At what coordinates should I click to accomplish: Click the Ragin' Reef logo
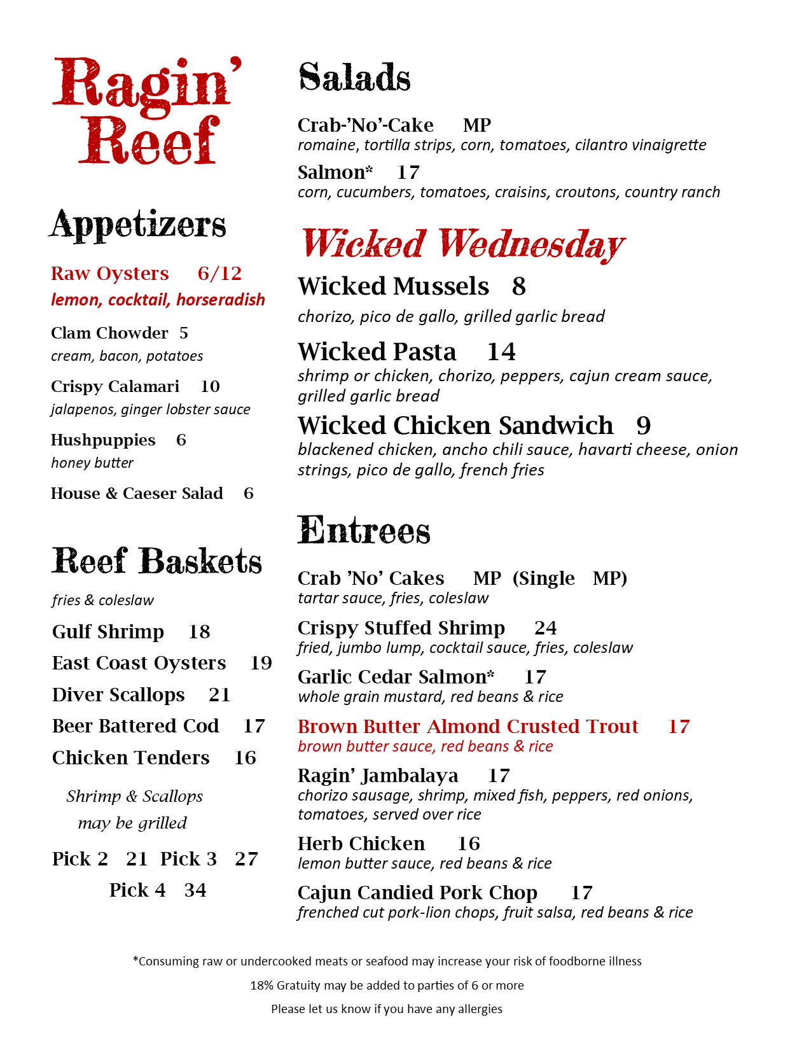[x=146, y=111]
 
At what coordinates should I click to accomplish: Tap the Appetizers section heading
[x=138, y=225]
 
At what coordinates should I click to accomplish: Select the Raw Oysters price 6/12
[x=219, y=274]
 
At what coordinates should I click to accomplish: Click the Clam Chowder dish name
[x=109, y=333]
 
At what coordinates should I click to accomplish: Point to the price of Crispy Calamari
[x=210, y=386]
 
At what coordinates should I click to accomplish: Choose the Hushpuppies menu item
[x=103, y=440]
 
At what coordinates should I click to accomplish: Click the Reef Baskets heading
[x=156, y=561]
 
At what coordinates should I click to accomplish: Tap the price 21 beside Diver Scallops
[x=219, y=695]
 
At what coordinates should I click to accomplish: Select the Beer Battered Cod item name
[x=135, y=726]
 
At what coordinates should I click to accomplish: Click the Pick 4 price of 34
[x=195, y=890]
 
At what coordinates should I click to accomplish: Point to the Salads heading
[x=354, y=78]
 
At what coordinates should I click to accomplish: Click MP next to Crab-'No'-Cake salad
[x=476, y=125]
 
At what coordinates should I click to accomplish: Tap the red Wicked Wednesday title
[x=462, y=244]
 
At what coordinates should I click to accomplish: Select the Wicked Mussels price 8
[x=518, y=286]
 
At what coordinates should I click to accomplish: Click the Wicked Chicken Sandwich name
[x=455, y=426]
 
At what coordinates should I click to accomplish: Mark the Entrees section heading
[x=364, y=531]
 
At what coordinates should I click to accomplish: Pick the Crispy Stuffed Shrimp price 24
[x=545, y=628]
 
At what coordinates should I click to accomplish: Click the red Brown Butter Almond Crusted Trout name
[x=468, y=727]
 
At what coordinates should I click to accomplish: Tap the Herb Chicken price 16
[x=468, y=844]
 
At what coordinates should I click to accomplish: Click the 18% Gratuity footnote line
[x=387, y=985]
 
